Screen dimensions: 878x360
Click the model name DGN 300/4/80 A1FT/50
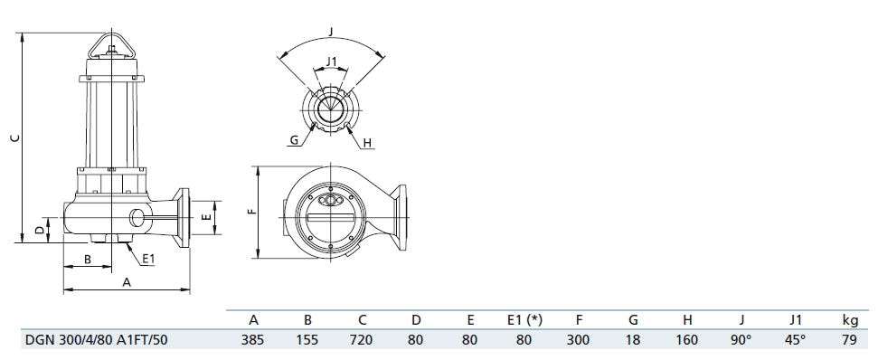[x=97, y=339]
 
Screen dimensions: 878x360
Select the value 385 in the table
[x=253, y=339]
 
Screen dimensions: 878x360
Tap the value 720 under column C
[x=362, y=339]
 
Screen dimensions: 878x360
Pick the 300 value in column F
[x=578, y=339]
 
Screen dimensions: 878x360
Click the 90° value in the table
[x=741, y=339]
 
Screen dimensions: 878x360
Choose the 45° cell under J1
[x=796, y=339]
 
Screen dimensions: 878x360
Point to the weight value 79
[x=849, y=339]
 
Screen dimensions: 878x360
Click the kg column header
[x=850, y=320]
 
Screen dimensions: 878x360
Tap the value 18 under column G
[x=633, y=339]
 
